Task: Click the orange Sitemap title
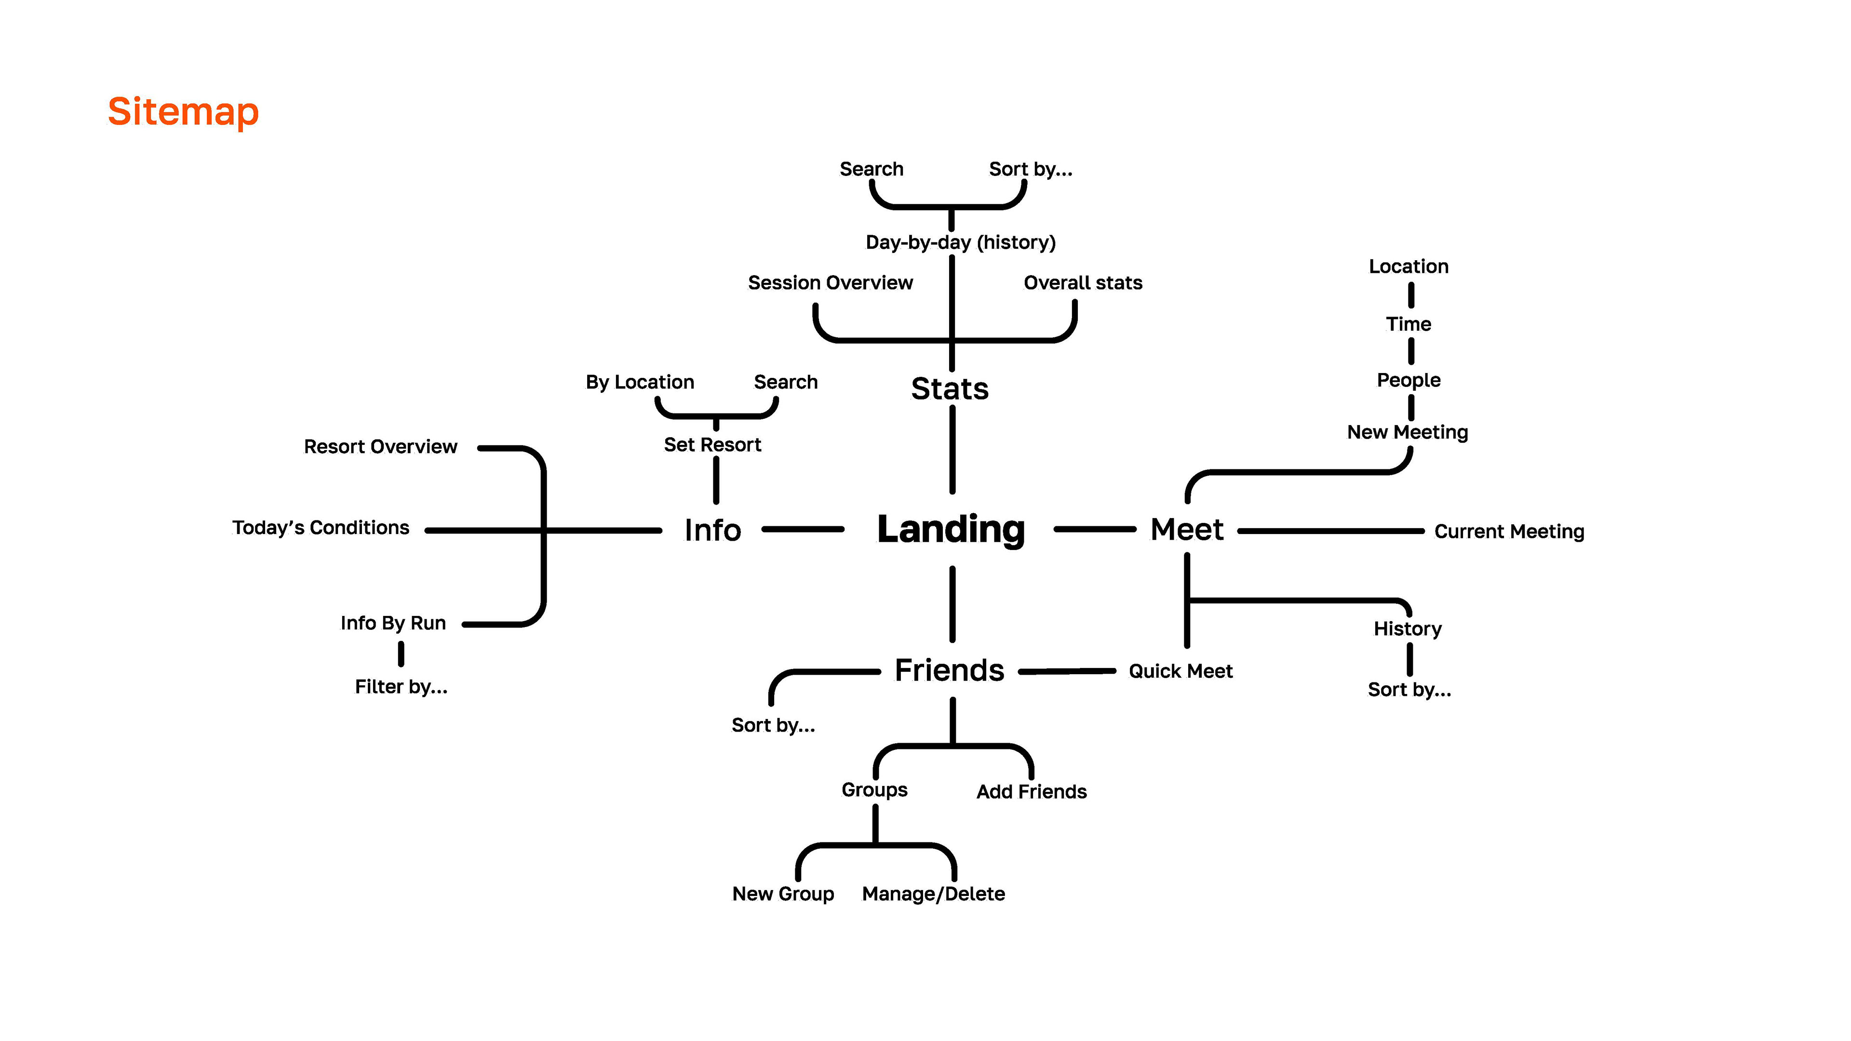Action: pyautogui.click(x=183, y=112)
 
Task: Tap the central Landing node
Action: pyautogui.click(x=951, y=530)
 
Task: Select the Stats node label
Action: pyautogui.click(x=949, y=388)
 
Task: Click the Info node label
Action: pyautogui.click(x=712, y=530)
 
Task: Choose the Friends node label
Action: pyautogui.click(x=949, y=670)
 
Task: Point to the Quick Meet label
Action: pyautogui.click(x=1180, y=671)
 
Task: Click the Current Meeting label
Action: pyautogui.click(x=1509, y=531)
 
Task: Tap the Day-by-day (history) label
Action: pyautogui.click(x=960, y=242)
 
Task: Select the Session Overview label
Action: pyautogui.click(x=830, y=282)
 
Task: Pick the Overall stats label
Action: pyautogui.click(x=1082, y=282)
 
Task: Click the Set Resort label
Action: pyautogui.click(x=712, y=445)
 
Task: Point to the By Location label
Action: pyautogui.click(x=640, y=382)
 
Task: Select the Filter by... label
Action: pyautogui.click(x=401, y=687)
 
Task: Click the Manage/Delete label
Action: pyautogui.click(x=933, y=894)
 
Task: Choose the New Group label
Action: pyautogui.click(x=782, y=894)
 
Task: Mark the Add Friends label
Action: pyautogui.click(x=1031, y=792)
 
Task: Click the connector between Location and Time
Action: pyautogui.click(x=1410, y=294)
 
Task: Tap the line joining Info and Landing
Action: pyautogui.click(x=803, y=530)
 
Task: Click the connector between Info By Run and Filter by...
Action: pyautogui.click(x=401, y=654)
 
